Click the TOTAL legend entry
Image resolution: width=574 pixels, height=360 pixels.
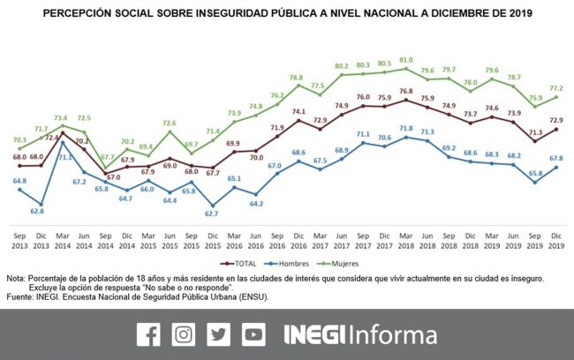coord(242,262)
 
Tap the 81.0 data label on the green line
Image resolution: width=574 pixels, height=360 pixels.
coord(405,60)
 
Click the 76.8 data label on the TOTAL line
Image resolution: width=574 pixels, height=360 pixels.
coord(405,91)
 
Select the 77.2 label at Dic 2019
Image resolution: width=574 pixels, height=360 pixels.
coord(556,89)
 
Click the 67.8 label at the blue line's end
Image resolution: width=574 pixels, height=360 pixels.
coord(556,159)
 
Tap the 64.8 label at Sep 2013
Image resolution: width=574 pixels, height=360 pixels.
coord(20,180)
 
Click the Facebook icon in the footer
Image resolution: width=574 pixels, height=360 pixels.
coord(147,334)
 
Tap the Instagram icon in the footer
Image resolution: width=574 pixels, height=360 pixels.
coord(184,334)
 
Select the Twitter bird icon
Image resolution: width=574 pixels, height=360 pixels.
coord(219,334)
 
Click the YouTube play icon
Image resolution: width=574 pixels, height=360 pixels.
coord(254,334)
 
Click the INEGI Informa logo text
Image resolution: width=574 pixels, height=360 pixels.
coord(359,334)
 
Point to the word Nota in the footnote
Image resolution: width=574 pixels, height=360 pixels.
coord(15,279)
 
